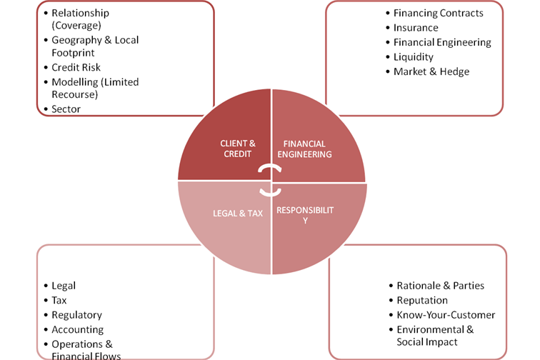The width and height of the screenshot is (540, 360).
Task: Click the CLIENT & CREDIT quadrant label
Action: (237, 149)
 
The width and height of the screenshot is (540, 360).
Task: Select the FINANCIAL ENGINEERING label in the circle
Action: (304, 149)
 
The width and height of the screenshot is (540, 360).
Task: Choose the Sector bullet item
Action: (66, 109)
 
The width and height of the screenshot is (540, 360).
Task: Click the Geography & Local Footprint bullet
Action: (94, 46)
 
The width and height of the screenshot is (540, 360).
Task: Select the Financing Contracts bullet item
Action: (438, 13)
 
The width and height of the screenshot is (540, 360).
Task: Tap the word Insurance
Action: (416, 28)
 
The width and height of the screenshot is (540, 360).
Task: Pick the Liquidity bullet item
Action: (413, 56)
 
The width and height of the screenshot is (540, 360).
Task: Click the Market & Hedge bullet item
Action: (431, 71)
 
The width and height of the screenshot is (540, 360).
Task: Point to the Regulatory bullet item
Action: (76, 315)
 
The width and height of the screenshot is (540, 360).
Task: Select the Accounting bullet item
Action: (76, 329)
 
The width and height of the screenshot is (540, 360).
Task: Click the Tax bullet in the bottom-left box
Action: (59, 301)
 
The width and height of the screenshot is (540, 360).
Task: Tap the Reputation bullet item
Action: (421, 300)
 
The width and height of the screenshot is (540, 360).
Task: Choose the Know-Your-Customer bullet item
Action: (445, 315)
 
